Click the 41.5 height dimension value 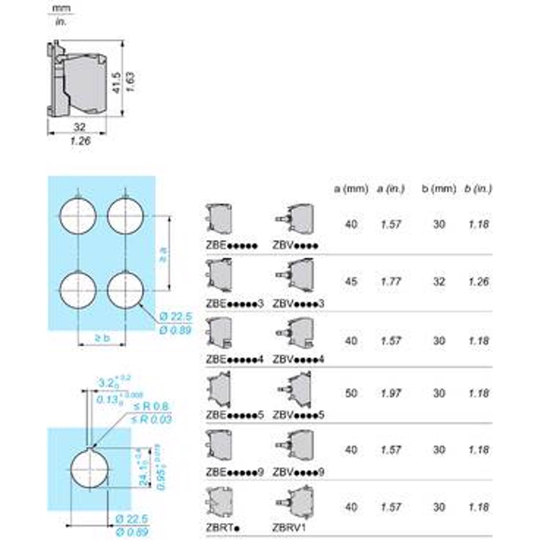[x=117, y=83]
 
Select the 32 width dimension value [x=79, y=127]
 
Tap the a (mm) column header [x=351, y=189]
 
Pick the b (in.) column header [x=478, y=189]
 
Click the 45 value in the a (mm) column [x=351, y=282]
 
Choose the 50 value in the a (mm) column [x=351, y=393]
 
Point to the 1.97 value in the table [x=390, y=393]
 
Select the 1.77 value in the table [x=390, y=282]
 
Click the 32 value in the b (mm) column [x=439, y=282]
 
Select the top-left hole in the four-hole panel [x=78, y=215]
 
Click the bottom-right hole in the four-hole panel [x=126, y=290]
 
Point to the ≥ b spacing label [x=102, y=338]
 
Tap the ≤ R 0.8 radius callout [x=151, y=406]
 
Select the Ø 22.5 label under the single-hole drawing [x=131, y=519]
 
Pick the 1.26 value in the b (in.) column [x=478, y=282]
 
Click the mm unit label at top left [x=61, y=9]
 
